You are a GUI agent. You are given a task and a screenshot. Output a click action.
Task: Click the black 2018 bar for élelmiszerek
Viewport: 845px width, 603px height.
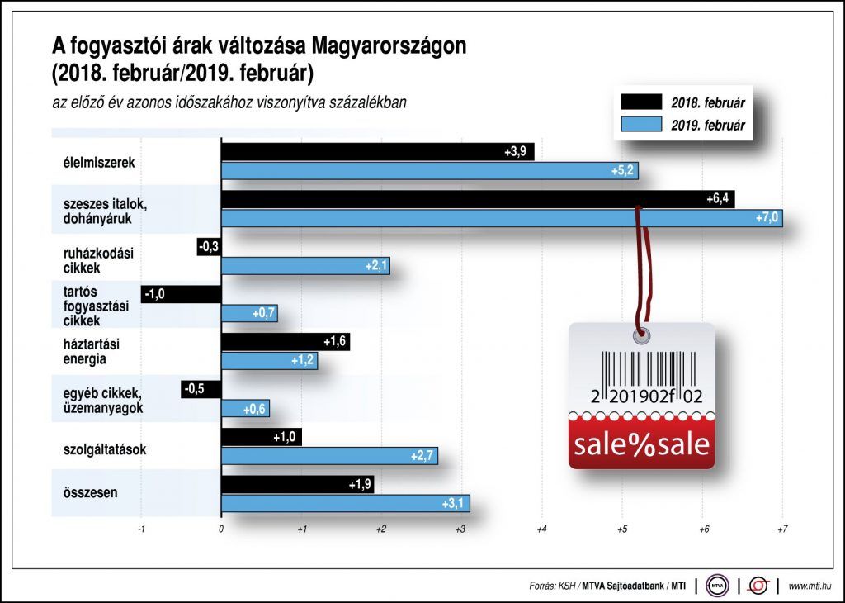pyautogui.click(x=377, y=152)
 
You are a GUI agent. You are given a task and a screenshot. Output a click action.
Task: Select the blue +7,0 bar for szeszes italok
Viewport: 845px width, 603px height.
pyautogui.click(x=502, y=218)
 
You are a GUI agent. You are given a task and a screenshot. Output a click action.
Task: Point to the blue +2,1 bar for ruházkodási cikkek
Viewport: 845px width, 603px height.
pyautogui.click(x=305, y=266)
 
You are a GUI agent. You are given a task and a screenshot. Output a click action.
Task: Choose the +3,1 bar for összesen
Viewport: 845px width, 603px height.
pyautogui.click(x=345, y=503)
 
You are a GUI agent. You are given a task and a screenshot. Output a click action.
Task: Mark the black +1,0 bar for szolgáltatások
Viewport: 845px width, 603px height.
pyautogui.click(x=262, y=437)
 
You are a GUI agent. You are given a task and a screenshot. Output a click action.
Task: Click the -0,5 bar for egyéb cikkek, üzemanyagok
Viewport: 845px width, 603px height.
pyautogui.click(x=201, y=389)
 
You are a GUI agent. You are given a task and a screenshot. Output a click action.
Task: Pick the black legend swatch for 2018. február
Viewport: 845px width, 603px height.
pyautogui.click(x=641, y=102)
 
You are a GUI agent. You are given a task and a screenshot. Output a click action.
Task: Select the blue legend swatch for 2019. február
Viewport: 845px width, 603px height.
pyautogui.click(x=641, y=126)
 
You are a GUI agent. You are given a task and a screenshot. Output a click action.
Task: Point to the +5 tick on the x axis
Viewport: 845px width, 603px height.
pyautogui.click(x=621, y=529)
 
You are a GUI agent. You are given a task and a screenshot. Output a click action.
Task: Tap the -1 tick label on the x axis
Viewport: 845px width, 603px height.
pyautogui.click(x=141, y=529)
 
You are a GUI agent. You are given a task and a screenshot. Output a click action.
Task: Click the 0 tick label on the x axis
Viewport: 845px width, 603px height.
pyautogui.click(x=221, y=529)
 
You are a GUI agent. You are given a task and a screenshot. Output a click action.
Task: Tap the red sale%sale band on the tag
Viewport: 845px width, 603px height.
pyautogui.click(x=641, y=443)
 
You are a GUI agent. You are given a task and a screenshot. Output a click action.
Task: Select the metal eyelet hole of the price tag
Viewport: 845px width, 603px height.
pyautogui.click(x=641, y=335)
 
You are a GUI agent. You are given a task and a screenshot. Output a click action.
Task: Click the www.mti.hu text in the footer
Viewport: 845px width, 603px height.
pyautogui.click(x=810, y=586)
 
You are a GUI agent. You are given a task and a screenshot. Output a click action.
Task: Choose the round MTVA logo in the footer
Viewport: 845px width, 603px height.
pyautogui.click(x=716, y=586)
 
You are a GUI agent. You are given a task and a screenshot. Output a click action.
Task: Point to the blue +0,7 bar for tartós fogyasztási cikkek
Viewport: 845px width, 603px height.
pyautogui.click(x=249, y=313)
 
